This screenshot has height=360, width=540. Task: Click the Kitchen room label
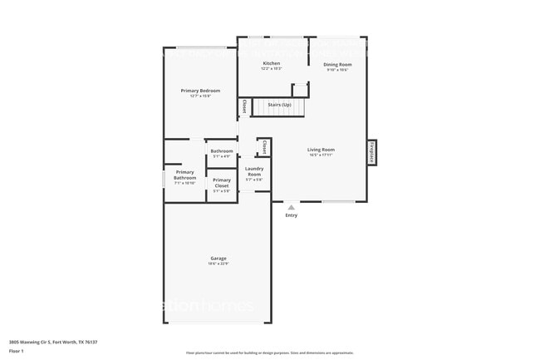coord(272,63)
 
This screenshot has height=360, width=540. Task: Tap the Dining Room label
coord(337,64)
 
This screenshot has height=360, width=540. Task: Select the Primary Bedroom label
coord(199,90)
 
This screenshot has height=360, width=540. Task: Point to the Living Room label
coord(321,150)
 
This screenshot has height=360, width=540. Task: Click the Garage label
coord(218,259)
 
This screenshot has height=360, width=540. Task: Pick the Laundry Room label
coord(254,172)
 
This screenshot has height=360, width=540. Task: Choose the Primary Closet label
coord(222,182)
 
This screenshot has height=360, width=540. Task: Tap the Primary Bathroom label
coord(184,175)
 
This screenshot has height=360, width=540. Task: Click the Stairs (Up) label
coord(278,105)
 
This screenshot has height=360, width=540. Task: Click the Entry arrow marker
coord(291,206)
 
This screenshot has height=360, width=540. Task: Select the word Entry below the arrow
coord(291,215)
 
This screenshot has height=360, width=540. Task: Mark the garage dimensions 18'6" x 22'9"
coord(218,264)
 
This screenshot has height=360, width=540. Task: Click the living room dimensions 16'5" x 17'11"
coord(321,155)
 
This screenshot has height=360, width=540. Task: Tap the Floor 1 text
coord(17,351)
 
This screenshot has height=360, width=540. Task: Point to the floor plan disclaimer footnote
coord(269,353)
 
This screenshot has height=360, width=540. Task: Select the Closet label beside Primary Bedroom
coord(244,106)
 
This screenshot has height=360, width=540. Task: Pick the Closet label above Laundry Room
coord(264,147)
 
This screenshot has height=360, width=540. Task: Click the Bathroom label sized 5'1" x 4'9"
coord(222,150)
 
